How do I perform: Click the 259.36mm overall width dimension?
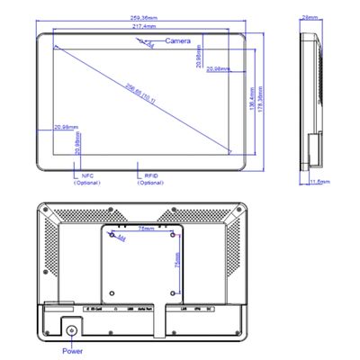pos(146,19)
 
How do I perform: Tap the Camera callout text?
pos(179,41)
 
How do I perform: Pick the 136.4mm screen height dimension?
pos(250,94)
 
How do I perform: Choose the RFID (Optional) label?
pos(150,179)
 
